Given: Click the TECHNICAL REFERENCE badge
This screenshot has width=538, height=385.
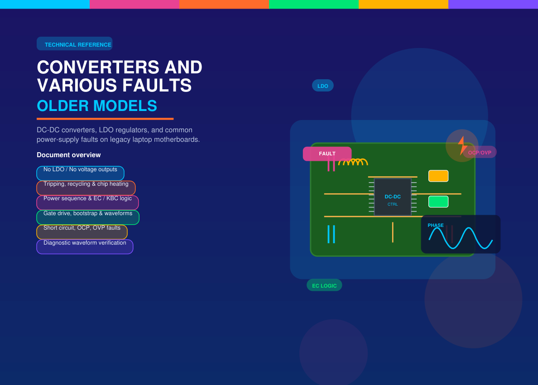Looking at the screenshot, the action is (x=74, y=43).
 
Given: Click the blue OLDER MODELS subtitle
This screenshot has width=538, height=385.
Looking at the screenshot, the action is (x=97, y=106).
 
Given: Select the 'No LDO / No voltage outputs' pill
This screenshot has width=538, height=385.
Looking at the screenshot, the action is (x=80, y=173).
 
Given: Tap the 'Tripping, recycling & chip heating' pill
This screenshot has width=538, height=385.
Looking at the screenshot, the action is (x=86, y=188).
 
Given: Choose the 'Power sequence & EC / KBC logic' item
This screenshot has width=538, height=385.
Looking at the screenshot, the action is (x=87, y=202).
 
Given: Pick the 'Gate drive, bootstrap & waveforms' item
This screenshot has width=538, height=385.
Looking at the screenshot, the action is (x=88, y=217).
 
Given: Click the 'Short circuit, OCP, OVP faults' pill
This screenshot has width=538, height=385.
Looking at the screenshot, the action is (x=82, y=232).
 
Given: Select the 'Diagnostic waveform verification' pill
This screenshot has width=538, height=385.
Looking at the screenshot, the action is (x=85, y=247).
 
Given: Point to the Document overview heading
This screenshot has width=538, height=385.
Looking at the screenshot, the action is (x=69, y=155).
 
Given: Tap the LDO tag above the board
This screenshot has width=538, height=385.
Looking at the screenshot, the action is (x=323, y=86).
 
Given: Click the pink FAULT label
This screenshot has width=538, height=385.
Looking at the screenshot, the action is (x=327, y=154).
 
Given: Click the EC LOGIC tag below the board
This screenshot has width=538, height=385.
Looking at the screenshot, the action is (x=324, y=285).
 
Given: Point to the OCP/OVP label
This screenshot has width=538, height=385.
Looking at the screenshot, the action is (x=480, y=152).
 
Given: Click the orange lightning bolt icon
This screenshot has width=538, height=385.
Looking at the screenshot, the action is (x=462, y=145).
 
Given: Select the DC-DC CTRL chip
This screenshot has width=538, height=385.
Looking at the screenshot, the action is (x=393, y=197).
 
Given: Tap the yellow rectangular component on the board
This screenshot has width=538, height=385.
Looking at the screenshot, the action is (x=438, y=176).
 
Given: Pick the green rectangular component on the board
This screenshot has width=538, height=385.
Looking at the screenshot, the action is (x=438, y=202).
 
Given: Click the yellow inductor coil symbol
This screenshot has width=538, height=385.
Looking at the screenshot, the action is (x=353, y=162).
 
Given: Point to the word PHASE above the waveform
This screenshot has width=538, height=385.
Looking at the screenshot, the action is (x=435, y=226).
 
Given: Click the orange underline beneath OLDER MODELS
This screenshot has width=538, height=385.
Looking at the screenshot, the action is (x=105, y=119).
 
